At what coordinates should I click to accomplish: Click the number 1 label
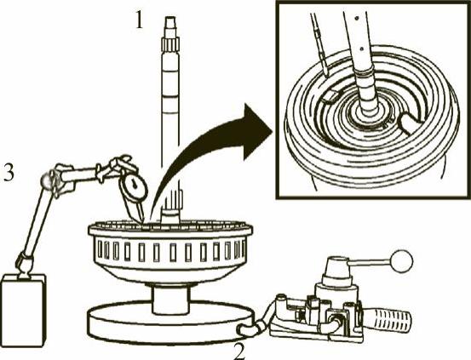(139, 20)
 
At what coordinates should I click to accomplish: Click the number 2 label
(240, 351)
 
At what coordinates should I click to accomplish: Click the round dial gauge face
(134, 186)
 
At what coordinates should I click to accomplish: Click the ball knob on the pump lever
(402, 261)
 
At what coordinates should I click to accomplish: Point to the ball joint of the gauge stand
(48, 180)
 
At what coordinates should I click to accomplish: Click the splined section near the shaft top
(170, 44)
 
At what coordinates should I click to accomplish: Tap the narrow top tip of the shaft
(170, 21)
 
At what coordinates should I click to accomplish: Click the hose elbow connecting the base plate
(249, 329)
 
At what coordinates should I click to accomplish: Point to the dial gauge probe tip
(141, 221)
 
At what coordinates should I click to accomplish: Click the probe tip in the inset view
(326, 72)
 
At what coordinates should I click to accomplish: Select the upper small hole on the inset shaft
(356, 19)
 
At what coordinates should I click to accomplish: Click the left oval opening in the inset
(330, 97)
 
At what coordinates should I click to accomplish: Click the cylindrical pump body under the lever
(336, 296)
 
